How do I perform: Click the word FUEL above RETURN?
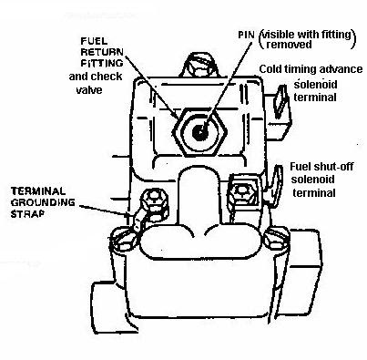point(89,42)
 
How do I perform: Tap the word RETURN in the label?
point(102,52)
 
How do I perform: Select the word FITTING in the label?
point(102,63)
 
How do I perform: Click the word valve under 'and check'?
point(89,90)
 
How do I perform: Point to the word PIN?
point(246,35)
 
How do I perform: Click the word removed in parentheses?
point(289,45)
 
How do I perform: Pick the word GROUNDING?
point(43,202)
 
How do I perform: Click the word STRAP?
point(27,213)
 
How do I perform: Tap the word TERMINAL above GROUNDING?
point(38,191)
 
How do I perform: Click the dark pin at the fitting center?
point(200,132)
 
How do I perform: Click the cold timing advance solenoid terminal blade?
point(280,101)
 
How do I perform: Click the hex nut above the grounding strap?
point(155,200)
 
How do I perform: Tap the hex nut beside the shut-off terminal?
point(243,192)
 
